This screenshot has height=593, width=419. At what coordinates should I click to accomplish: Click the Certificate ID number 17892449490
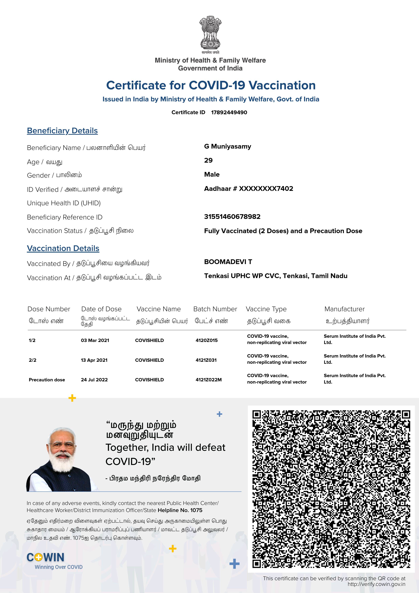click(x=229, y=112)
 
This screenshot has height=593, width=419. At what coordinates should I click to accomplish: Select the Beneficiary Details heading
click(x=62, y=131)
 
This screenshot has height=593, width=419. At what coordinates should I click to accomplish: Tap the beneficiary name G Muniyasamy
click(x=228, y=146)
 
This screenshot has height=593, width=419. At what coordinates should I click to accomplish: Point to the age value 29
click(x=208, y=160)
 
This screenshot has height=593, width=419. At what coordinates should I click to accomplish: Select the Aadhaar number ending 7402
click(x=249, y=188)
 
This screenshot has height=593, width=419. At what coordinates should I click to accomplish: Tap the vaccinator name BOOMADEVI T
click(x=228, y=262)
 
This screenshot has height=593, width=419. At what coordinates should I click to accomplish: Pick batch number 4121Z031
click(x=206, y=360)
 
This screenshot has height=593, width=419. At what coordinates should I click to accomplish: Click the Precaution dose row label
click(x=47, y=380)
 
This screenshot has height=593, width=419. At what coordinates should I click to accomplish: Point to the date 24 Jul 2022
click(x=94, y=380)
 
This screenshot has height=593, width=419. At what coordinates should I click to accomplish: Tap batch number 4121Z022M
click(x=209, y=380)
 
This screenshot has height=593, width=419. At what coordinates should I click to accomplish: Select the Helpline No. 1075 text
click(x=180, y=510)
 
